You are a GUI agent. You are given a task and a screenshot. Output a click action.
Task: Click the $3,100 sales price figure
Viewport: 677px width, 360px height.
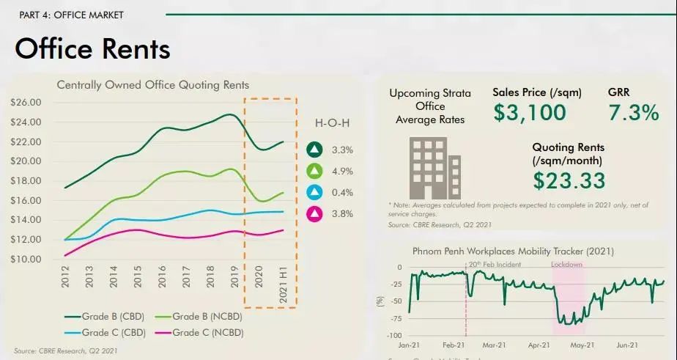click(529, 112)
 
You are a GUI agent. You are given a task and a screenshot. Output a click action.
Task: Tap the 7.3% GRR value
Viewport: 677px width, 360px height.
click(634, 112)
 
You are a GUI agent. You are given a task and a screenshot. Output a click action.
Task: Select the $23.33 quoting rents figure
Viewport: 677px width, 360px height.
click(569, 180)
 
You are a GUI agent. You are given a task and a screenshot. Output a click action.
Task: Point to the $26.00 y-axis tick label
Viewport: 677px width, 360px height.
click(26, 102)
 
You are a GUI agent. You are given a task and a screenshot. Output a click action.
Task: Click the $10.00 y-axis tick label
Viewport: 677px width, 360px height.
click(26, 259)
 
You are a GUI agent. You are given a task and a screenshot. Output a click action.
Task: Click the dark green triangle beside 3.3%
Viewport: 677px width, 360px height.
click(314, 150)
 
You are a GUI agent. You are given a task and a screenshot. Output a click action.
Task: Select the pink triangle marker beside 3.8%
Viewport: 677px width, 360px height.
click(314, 213)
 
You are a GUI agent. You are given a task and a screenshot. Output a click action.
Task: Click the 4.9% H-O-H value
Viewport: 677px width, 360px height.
click(342, 171)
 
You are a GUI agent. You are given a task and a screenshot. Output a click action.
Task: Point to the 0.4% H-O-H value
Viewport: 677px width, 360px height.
click(342, 192)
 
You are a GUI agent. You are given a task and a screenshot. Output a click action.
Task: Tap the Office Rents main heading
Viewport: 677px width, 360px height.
click(92, 49)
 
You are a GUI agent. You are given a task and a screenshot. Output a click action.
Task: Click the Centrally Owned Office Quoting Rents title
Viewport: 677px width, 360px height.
click(153, 85)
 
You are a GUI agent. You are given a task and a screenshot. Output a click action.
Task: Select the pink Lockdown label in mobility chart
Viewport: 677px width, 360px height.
click(566, 262)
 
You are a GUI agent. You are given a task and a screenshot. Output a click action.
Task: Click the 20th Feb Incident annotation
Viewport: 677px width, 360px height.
click(495, 263)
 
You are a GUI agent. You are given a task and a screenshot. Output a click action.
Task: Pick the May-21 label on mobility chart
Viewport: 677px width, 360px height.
click(582, 345)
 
